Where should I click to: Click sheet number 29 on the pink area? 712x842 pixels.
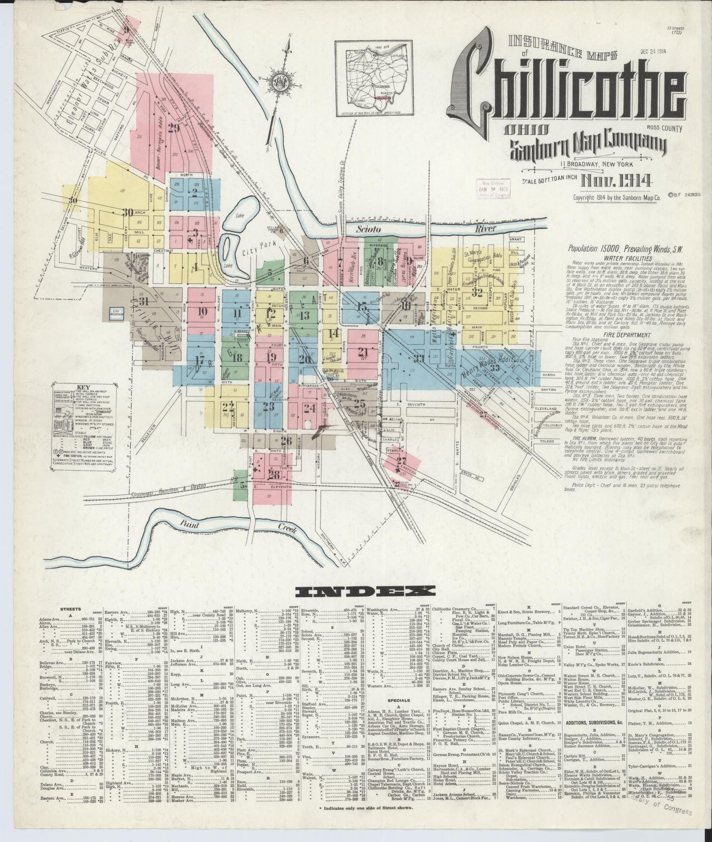[x=173, y=130]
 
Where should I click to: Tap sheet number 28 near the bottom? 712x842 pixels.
[x=274, y=474]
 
